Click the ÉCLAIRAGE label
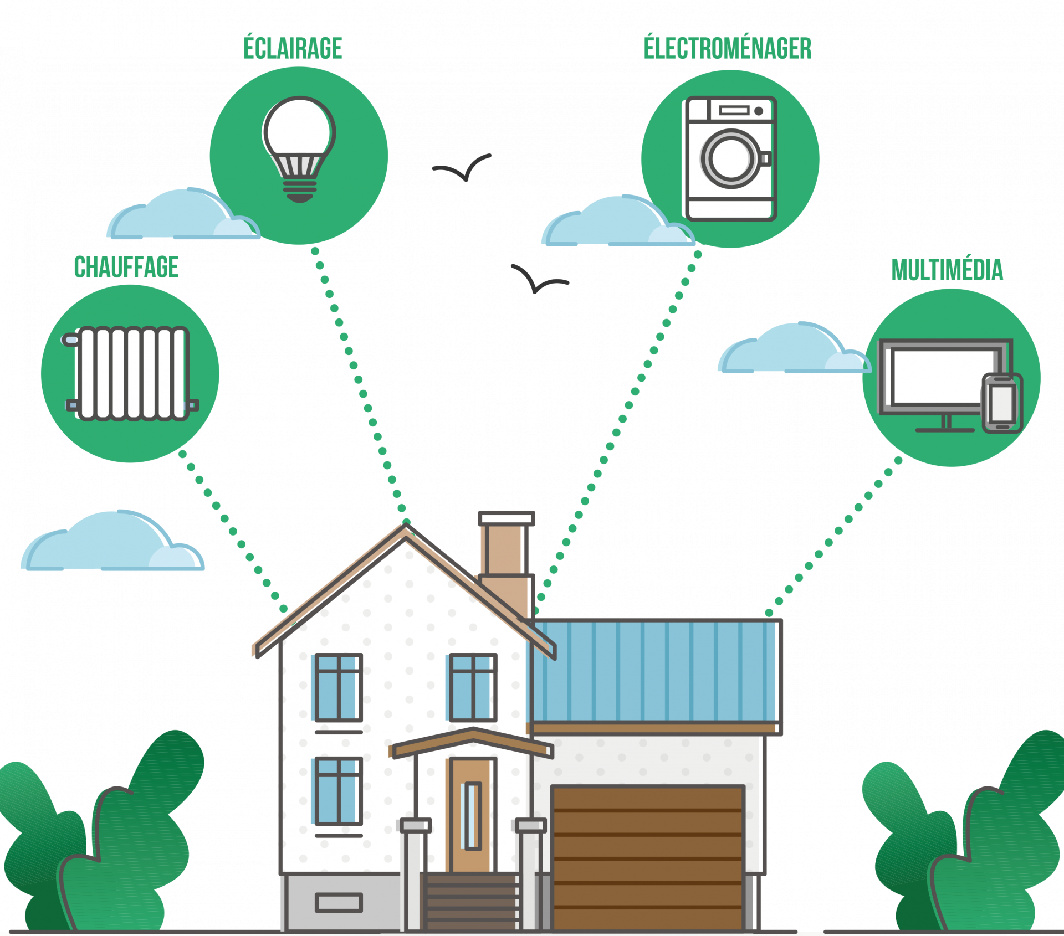[x=293, y=48]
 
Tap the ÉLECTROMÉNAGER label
[x=727, y=48]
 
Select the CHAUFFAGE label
[x=126, y=268]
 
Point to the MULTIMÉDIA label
[x=947, y=270]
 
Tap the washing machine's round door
[x=730, y=159]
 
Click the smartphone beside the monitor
[x=1002, y=403]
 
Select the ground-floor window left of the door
[x=338, y=790]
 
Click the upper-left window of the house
[x=338, y=687]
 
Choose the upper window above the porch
[x=473, y=687]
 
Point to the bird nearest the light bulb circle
[x=463, y=167]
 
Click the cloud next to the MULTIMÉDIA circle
[x=792, y=351]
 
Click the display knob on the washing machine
[x=759, y=111]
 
